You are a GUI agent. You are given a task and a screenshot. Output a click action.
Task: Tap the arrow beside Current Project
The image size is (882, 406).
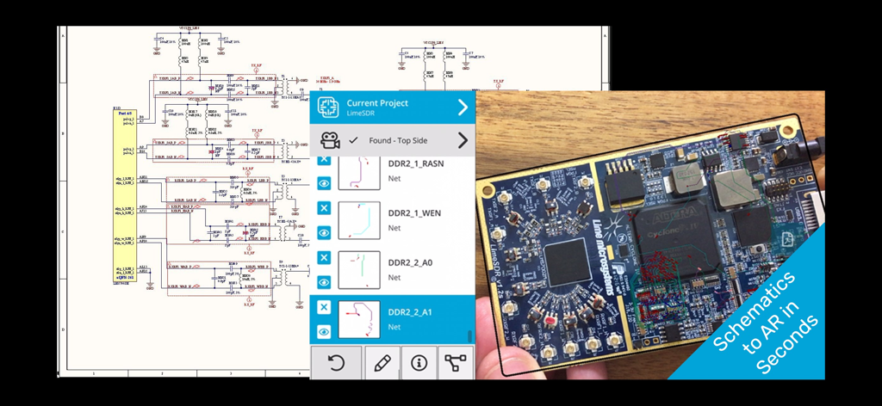[463, 108]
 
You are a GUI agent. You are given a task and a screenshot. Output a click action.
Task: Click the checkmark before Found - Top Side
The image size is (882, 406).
[353, 140]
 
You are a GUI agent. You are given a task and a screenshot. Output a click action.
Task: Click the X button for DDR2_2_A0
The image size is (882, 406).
[324, 257]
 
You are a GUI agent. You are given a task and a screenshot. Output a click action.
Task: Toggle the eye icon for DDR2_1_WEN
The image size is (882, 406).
[324, 232]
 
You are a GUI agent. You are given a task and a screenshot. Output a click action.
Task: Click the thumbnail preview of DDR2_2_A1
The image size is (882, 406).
[359, 319]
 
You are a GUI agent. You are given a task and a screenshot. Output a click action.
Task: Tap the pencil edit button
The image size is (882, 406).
[383, 362]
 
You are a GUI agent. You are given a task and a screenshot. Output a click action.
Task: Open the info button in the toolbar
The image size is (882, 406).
[419, 362]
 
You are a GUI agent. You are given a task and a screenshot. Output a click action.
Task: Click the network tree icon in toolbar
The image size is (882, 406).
[455, 362]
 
